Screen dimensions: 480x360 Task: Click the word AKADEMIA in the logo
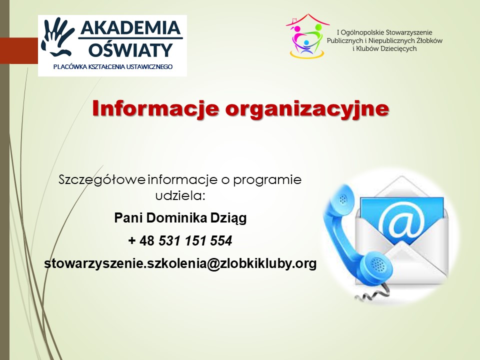pyautogui.click(x=130, y=28)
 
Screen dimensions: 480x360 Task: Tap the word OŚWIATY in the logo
pyautogui.click(x=131, y=50)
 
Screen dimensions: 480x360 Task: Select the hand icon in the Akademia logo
pyautogui.click(x=57, y=36)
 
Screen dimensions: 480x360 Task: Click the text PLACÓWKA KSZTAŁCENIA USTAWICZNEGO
pyautogui.click(x=113, y=66)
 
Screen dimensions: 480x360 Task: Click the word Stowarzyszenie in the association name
pyautogui.click(x=408, y=32)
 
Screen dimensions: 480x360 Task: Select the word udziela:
pyautogui.click(x=180, y=195)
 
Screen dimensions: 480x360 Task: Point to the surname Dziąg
pyautogui.click(x=228, y=218)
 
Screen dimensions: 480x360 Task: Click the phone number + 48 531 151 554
pyautogui.click(x=180, y=240)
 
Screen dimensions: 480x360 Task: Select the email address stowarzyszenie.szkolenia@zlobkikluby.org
pyautogui.click(x=180, y=263)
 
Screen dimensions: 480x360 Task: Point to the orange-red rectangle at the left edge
pyautogui.click(x=19, y=50)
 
